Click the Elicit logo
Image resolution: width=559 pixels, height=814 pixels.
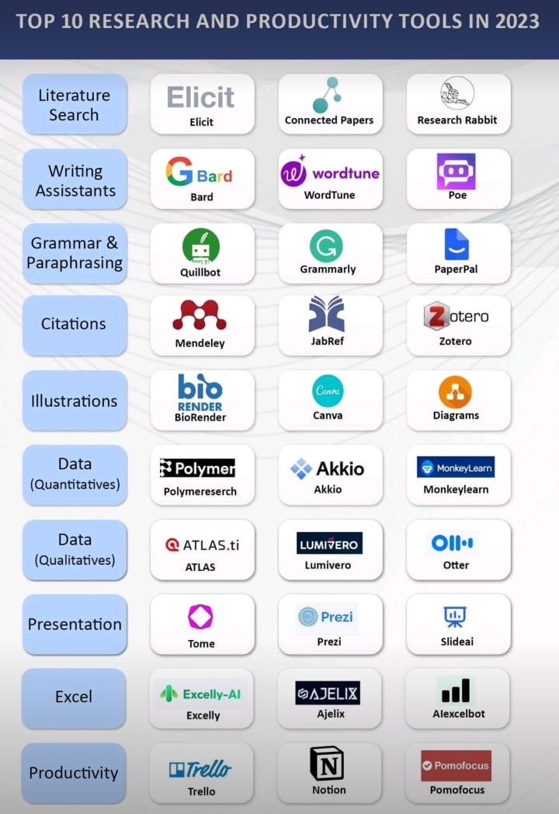point(201,97)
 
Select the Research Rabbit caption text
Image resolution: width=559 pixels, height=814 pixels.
point(457,120)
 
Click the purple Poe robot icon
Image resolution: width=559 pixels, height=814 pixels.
point(456,171)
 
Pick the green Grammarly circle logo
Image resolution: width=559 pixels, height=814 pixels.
point(326,246)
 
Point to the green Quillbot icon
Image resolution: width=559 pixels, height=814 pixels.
point(201,246)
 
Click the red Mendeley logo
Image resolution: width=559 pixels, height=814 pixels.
point(200,315)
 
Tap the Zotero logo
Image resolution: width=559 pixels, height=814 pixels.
point(456,316)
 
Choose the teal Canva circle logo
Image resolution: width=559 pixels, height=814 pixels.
point(328,391)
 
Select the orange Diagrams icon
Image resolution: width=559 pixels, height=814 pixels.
point(455,391)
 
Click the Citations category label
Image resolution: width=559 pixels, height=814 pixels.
point(74,324)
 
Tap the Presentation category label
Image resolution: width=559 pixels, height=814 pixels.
point(75,624)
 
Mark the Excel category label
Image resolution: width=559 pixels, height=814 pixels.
point(74,697)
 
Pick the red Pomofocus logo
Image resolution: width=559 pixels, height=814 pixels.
point(456,766)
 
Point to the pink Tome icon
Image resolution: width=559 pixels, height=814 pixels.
point(200,617)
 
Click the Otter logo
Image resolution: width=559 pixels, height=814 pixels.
point(455,542)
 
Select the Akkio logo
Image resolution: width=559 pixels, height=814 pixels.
point(328,468)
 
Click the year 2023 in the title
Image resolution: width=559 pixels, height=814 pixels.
point(509,20)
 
